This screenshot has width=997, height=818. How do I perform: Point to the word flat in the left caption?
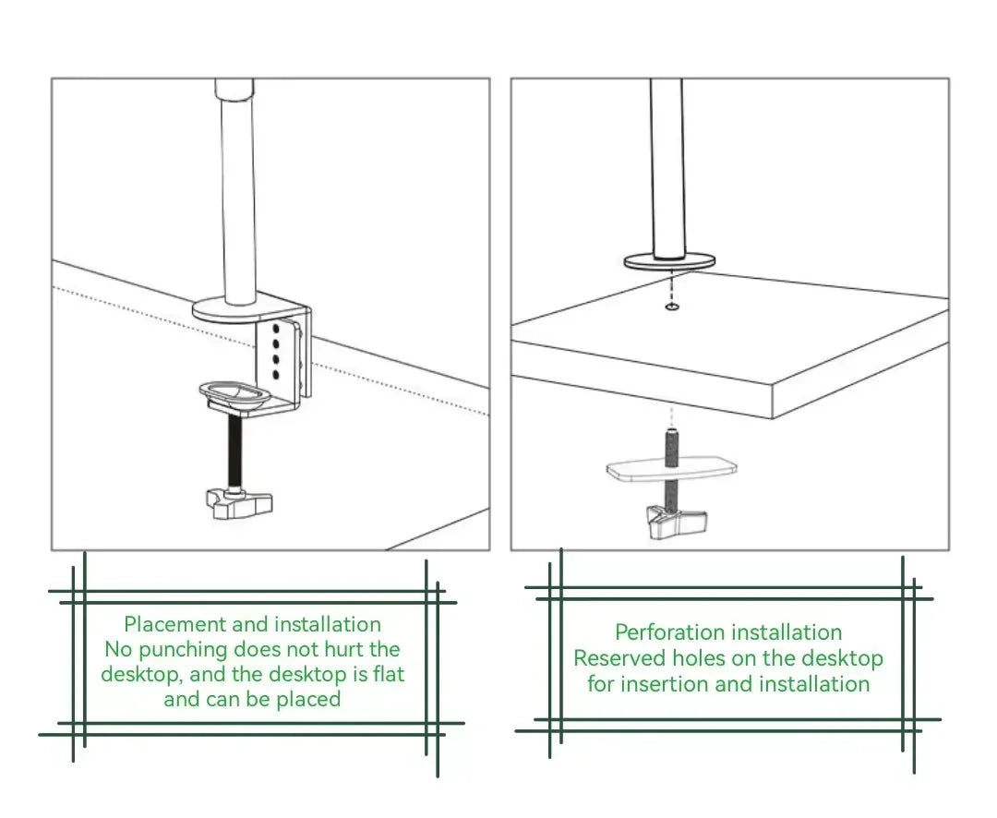pyautogui.click(x=387, y=674)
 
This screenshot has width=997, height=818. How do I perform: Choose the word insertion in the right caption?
pyautogui.click(x=668, y=684)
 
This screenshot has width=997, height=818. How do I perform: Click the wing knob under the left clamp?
pyautogui.click(x=238, y=502)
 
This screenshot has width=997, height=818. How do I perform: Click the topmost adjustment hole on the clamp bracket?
pyautogui.click(x=276, y=329)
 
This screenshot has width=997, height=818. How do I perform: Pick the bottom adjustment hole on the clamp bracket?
pyautogui.click(x=276, y=374)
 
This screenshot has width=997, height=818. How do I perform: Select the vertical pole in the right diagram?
pyautogui.click(x=667, y=166)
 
